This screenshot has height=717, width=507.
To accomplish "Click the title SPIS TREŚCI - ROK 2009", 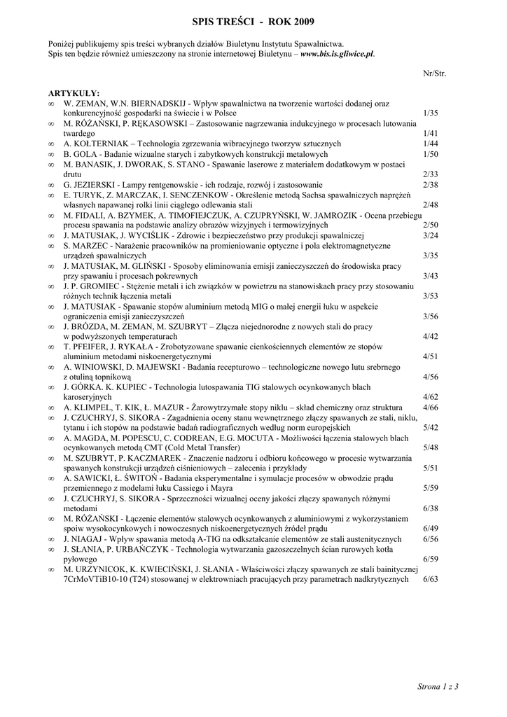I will coord(253,23).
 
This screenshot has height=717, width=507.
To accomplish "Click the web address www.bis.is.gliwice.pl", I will coord(337,53).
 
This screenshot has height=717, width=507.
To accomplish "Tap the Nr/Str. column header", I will coord(434,72).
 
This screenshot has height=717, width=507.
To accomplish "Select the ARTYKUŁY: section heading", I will coord(74,92).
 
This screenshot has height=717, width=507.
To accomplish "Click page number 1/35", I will coord(431,112).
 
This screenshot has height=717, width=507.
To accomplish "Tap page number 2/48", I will coord(431,204).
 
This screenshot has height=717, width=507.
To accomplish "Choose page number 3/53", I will coord(431,296).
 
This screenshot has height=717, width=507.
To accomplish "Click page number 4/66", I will coord(431,408).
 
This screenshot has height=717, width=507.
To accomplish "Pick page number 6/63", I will coord(431,580).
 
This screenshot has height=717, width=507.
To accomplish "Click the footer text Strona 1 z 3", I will coord(437,686).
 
